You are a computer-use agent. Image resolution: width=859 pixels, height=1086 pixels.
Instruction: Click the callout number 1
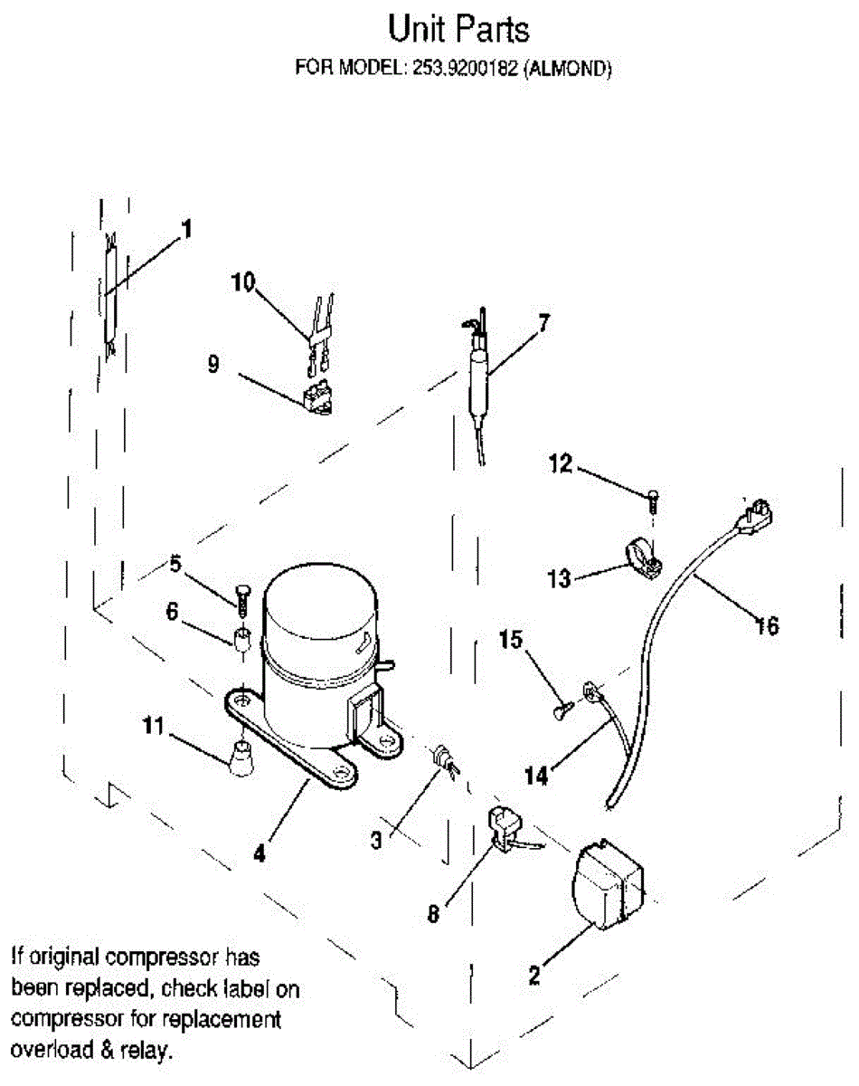point(186,230)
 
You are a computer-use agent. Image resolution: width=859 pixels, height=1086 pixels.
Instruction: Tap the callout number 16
point(766,625)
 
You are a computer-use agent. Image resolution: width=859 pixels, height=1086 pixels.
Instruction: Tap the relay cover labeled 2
point(607,885)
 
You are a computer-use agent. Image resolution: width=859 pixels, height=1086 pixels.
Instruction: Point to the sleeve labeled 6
point(241,640)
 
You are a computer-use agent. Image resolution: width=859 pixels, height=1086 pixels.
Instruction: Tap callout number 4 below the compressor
point(260,853)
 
